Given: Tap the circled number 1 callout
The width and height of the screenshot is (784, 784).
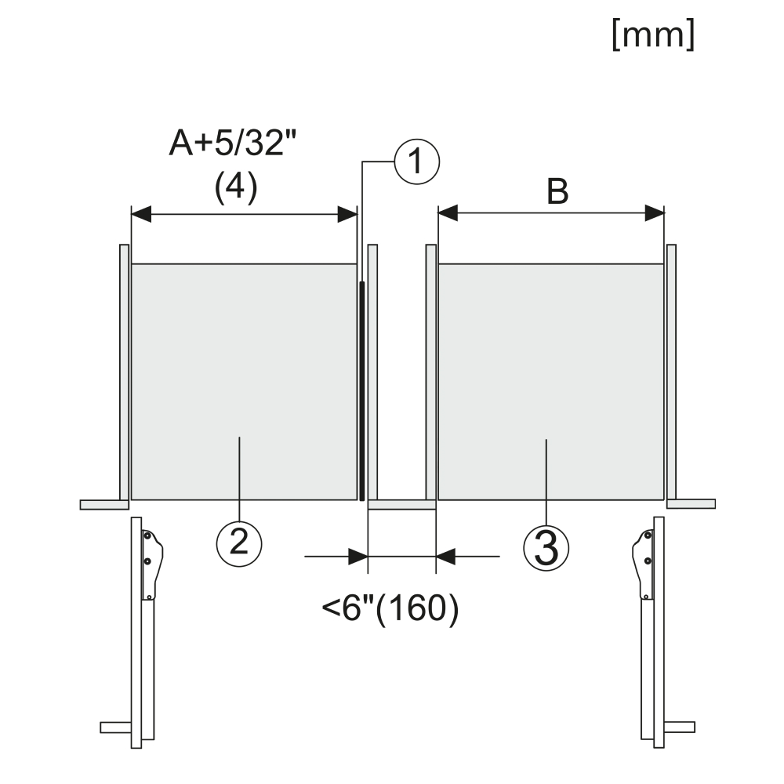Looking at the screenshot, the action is click(417, 162).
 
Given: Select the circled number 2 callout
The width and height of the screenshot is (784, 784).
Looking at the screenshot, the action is click(239, 543).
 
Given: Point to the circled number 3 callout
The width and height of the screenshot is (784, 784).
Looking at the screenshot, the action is click(546, 549).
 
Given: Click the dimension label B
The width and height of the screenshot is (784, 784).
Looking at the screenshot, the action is click(557, 192).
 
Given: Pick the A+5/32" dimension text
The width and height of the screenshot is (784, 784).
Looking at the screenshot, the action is click(233, 143).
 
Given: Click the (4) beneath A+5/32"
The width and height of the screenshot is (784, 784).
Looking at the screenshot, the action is click(236, 188).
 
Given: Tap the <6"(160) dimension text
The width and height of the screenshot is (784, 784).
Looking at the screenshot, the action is click(390, 609).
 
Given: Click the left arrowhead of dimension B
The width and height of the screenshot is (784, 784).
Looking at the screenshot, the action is click(448, 213).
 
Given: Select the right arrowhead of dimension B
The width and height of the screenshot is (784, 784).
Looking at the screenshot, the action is click(655, 213).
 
